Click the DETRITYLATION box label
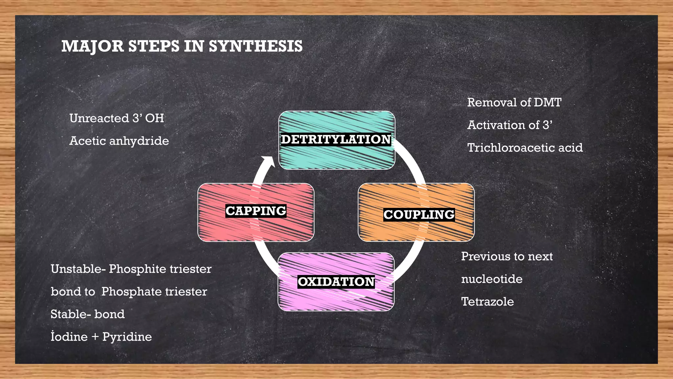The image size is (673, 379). tap(336, 139)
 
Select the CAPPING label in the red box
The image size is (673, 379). tap(256, 211)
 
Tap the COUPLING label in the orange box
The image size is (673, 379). tap(419, 215)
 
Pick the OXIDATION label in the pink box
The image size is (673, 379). tap(336, 282)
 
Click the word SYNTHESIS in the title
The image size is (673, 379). tap(256, 46)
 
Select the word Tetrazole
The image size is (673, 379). tap(487, 301)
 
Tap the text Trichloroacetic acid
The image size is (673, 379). tap(525, 147)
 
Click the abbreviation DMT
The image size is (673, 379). tap(547, 102)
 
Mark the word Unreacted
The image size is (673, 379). tap(99, 118)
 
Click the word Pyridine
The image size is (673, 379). tap(127, 337)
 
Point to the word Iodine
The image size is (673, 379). tap(69, 337)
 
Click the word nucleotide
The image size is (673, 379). tap(492, 279)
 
